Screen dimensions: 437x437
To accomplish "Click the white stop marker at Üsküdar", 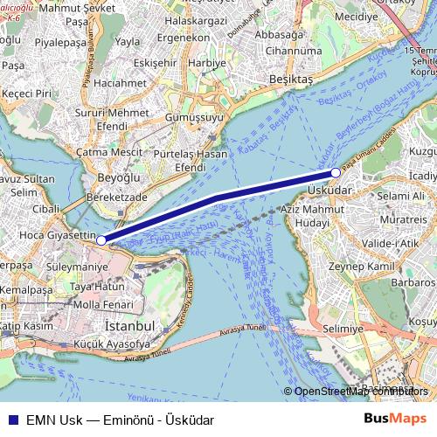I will click(x=336, y=172).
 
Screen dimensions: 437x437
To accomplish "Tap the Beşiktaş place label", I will click(x=290, y=80).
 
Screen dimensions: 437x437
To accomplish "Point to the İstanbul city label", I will click(x=129, y=325).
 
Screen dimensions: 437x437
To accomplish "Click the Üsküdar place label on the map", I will click(x=329, y=189).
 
